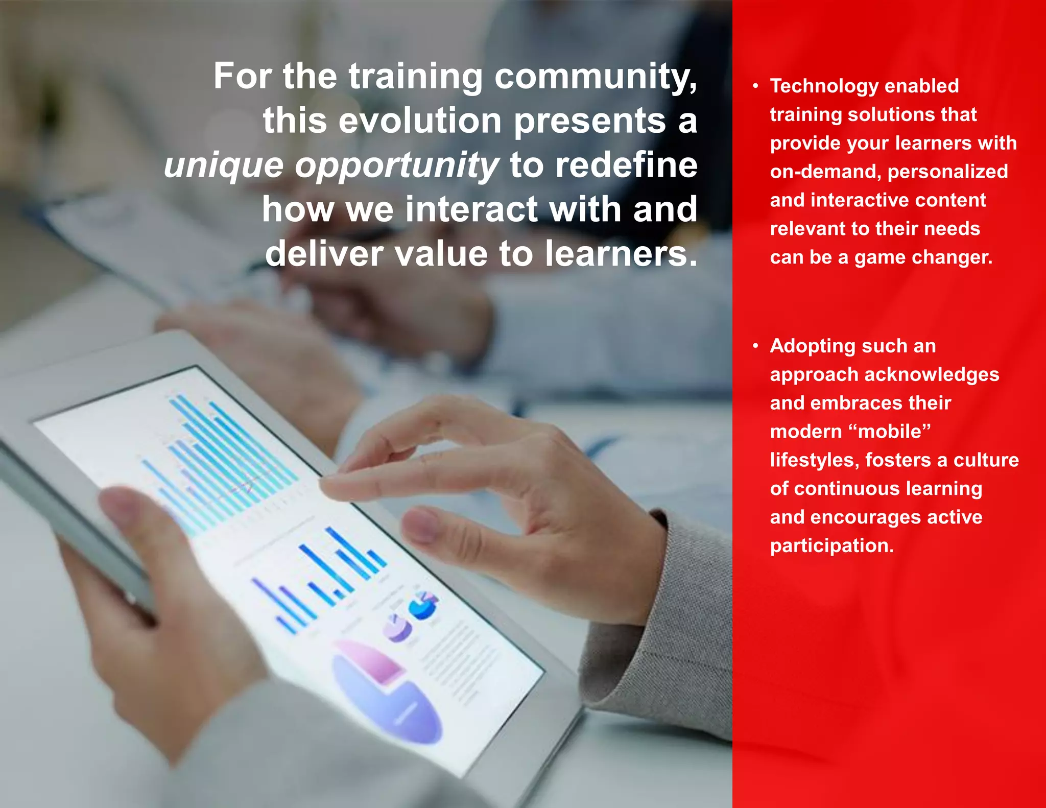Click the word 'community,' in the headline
point(596,77)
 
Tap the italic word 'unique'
point(223,166)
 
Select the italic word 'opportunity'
point(397,166)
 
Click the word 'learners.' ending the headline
point(621,254)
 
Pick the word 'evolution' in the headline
point(420,121)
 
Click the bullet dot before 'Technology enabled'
point(755,86)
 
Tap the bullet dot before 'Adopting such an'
point(755,346)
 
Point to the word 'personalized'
point(948,172)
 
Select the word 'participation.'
point(832,546)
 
